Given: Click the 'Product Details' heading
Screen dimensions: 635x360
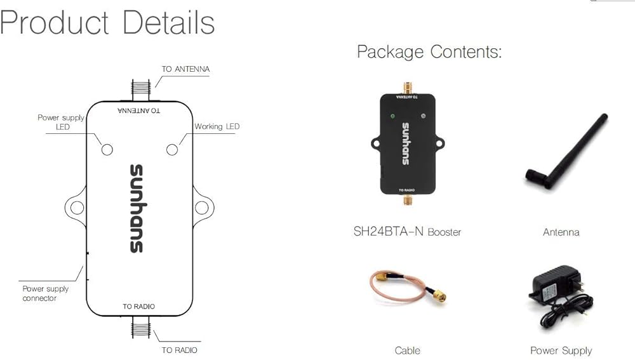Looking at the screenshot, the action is click(x=107, y=23).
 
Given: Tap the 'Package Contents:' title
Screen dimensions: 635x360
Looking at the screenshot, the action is click(x=429, y=52).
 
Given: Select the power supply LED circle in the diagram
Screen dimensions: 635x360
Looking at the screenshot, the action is click(x=107, y=149).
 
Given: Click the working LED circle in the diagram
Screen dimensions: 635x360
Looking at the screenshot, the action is click(x=171, y=149).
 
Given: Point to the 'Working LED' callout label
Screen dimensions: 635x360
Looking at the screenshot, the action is click(x=217, y=127).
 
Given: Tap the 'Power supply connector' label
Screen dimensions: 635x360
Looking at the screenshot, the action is click(x=45, y=293).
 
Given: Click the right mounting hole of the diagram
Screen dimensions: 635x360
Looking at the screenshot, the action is click(x=201, y=207).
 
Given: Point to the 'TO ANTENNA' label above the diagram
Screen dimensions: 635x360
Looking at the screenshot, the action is click(x=185, y=69).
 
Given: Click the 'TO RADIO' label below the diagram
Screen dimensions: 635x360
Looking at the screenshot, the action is click(x=179, y=350).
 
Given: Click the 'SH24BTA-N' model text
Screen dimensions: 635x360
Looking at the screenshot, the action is click(x=389, y=232).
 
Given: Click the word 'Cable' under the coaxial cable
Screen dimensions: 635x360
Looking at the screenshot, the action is click(x=407, y=350).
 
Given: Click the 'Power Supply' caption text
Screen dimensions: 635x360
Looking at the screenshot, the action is click(x=561, y=350).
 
